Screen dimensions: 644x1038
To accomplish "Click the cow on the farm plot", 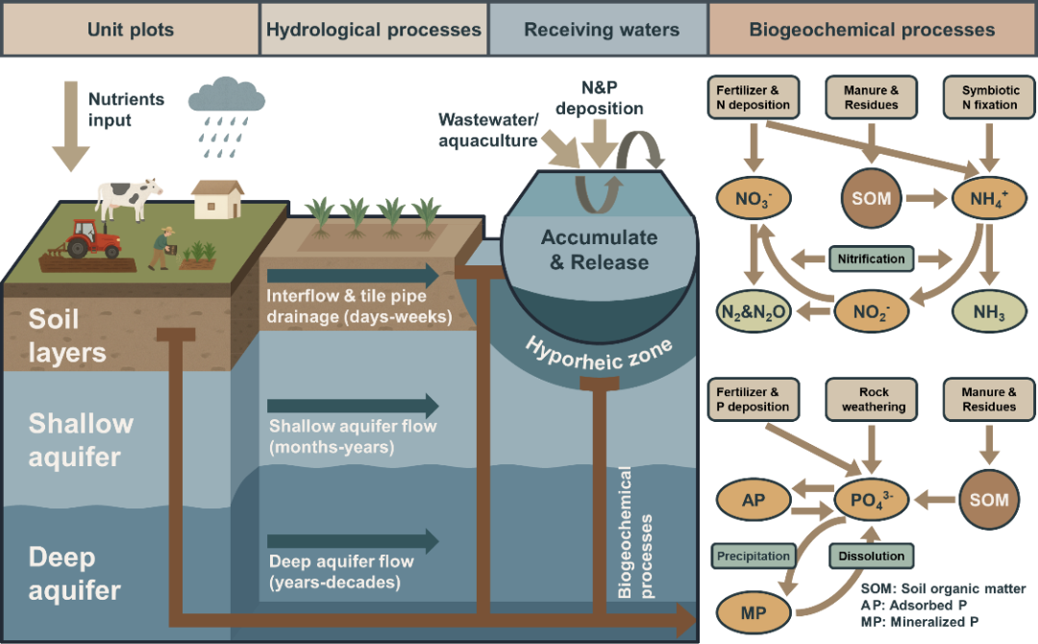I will click(129, 198).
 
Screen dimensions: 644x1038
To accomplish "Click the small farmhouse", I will click(218, 199).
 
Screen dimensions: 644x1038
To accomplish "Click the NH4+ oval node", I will click(989, 200).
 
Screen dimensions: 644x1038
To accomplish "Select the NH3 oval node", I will click(989, 311).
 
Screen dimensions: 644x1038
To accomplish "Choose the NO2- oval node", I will click(871, 311).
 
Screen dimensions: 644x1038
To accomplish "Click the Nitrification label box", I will click(871, 259).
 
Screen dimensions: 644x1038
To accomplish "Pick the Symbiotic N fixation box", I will click(989, 97).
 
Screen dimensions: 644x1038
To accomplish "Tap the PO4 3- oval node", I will click(871, 500).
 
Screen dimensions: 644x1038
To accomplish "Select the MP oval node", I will click(753, 611).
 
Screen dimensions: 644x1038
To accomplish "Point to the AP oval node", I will click(753, 500).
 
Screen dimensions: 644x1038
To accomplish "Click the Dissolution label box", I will click(871, 556).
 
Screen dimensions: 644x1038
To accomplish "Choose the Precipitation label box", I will click(753, 556).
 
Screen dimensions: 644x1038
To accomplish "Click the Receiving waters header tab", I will click(601, 30).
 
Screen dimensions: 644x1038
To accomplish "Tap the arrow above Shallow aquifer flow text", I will click(352, 406).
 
